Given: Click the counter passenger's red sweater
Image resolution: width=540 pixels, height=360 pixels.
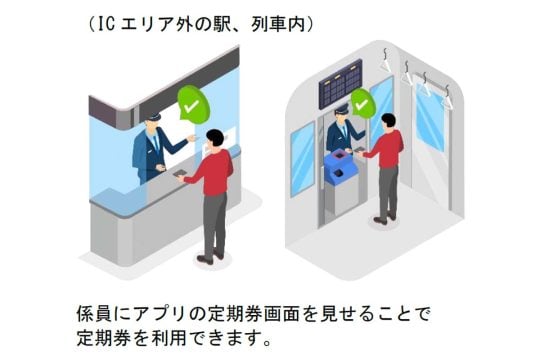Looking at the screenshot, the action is pyautogui.click(x=211, y=172).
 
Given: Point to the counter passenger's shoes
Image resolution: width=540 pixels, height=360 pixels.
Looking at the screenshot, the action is pyautogui.click(x=211, y=258).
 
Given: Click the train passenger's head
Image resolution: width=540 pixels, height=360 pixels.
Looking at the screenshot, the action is pyautogui.click(x=388, y=120).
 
